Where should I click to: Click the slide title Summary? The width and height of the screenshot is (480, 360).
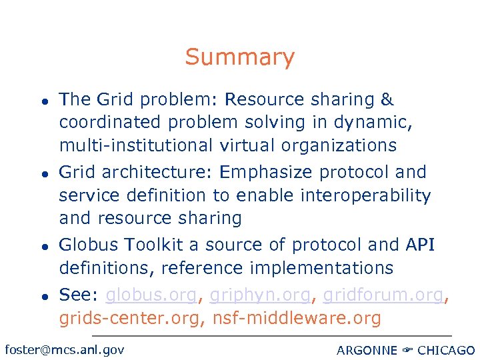click(x=239, y=57)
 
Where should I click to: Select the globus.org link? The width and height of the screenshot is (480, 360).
click(x=151, y=295)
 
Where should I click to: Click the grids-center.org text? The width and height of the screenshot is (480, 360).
click(x=131, y=318)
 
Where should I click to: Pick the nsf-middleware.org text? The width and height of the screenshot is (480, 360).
click(x=297, y=318)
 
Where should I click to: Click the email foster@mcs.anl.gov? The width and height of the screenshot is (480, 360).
click(x=64, y=349)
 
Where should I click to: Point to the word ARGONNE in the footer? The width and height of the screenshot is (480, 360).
click(x=367, y=350)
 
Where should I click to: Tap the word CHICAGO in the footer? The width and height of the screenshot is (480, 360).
click(x=446, y=350)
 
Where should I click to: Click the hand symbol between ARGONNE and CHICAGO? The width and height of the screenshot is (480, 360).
click(x=407, y=350)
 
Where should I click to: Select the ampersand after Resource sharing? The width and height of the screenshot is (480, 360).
click(x=387, y=100)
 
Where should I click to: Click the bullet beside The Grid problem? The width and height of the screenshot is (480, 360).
click(x=41, y=101)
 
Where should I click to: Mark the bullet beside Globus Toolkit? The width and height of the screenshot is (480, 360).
click(x=41, y=246)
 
